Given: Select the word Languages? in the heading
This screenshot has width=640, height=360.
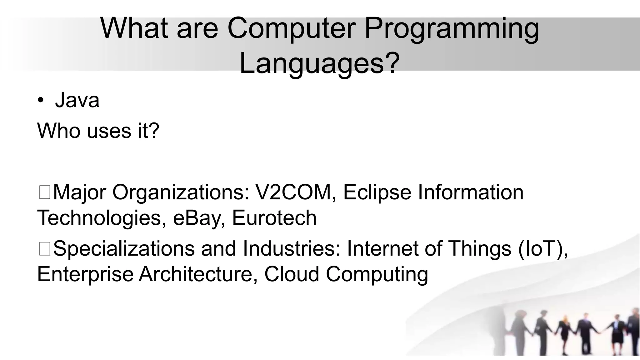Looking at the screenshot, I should [319, 63].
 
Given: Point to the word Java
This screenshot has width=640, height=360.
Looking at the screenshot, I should [77, 100].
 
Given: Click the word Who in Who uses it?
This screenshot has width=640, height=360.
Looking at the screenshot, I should [59, 131].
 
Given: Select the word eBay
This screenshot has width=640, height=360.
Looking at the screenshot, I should [199, 218].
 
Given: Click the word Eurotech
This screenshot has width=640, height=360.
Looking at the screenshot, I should [274, 218].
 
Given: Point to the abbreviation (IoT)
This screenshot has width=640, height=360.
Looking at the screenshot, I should [543, 249].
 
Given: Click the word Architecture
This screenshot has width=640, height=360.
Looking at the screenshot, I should [198, 274].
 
